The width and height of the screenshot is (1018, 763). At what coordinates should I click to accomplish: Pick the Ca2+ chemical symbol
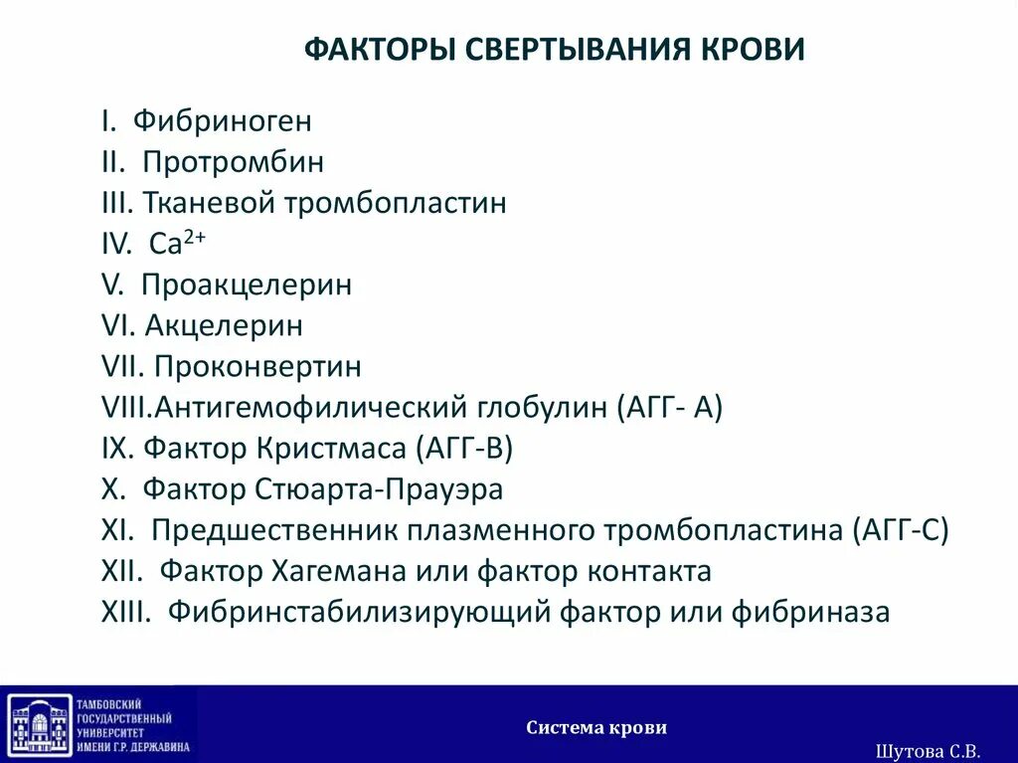(x=177, y=243)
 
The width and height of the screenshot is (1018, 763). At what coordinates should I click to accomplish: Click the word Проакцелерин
(x=247, y=286)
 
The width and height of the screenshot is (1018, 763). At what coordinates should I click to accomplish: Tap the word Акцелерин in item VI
(x=224, y=325)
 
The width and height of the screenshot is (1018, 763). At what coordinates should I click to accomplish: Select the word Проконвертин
(x=257, y=367)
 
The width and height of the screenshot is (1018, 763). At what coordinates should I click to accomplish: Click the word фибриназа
(x=810, y=612)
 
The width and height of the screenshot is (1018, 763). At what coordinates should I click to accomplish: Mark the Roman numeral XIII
(x=125, y=612)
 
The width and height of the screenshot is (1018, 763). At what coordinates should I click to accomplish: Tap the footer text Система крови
(x=596, y=727)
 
